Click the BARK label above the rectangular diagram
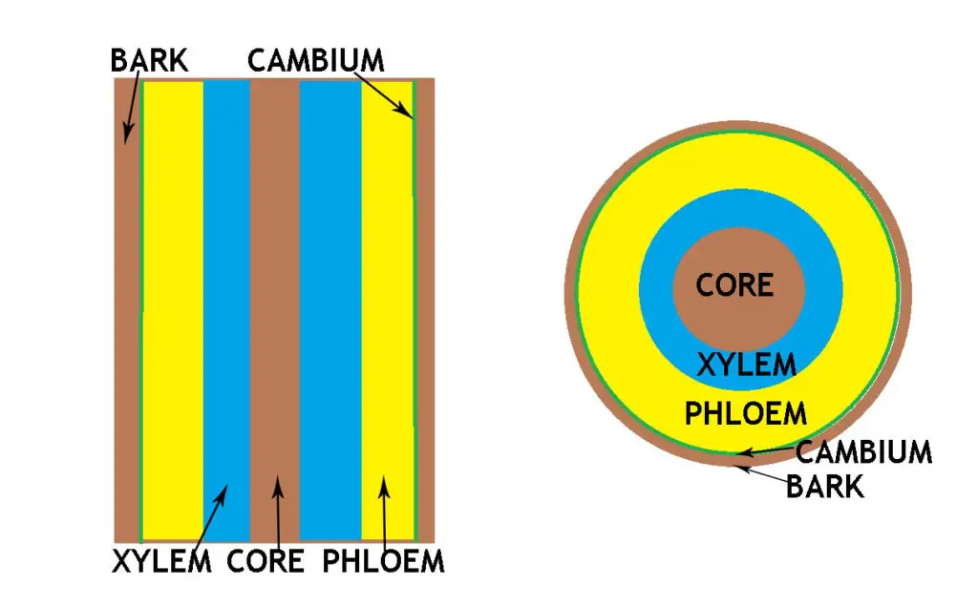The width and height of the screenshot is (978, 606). (x=149, y=61)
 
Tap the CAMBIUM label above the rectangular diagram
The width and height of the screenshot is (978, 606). (x=315, y=61)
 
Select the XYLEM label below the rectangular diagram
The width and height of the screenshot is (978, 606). (x=161, y=561)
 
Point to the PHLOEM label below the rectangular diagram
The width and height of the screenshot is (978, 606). (x=383, y=561)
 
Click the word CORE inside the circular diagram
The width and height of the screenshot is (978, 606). (x=734, y=284)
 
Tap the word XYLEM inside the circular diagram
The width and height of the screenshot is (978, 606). (x=746, y=365)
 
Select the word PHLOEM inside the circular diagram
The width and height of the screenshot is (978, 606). (x=746, y=414)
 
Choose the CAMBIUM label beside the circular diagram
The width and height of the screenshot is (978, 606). (x=863, y=451)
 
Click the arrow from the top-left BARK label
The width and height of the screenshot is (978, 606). (x=131, y=111)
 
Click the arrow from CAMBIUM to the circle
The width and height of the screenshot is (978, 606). (x=770, y=452)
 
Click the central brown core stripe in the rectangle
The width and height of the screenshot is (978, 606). (x=275, y=286)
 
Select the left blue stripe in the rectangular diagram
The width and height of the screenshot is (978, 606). (x=226, y=286)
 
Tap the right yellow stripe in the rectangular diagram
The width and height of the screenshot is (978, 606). (x=386, y=286)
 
